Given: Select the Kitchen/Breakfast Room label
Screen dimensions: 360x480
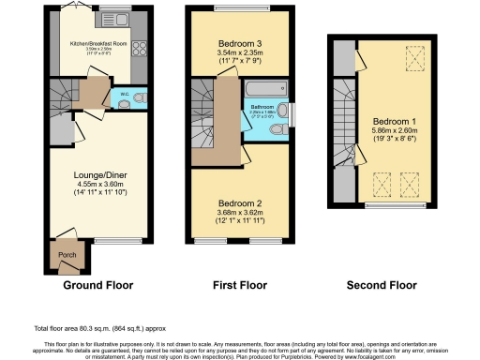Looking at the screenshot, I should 99,43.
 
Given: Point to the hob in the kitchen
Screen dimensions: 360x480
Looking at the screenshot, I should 138,42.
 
